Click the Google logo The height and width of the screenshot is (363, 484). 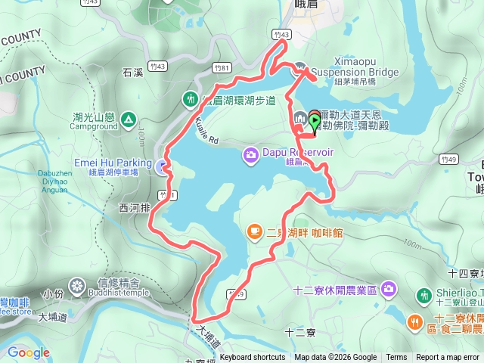pos(28,352)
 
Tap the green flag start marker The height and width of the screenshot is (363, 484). pos(315,121)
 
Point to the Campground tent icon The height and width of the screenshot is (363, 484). pos(128,119)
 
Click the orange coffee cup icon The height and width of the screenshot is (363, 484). pos(255,231)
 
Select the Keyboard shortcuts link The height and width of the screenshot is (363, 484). pos(253,358)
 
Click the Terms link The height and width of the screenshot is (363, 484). pos(396,358)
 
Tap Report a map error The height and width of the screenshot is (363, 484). pos(448,358)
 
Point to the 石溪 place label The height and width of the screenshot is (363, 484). pos(132,73)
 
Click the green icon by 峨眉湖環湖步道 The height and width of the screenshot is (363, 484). pos(189,99)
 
